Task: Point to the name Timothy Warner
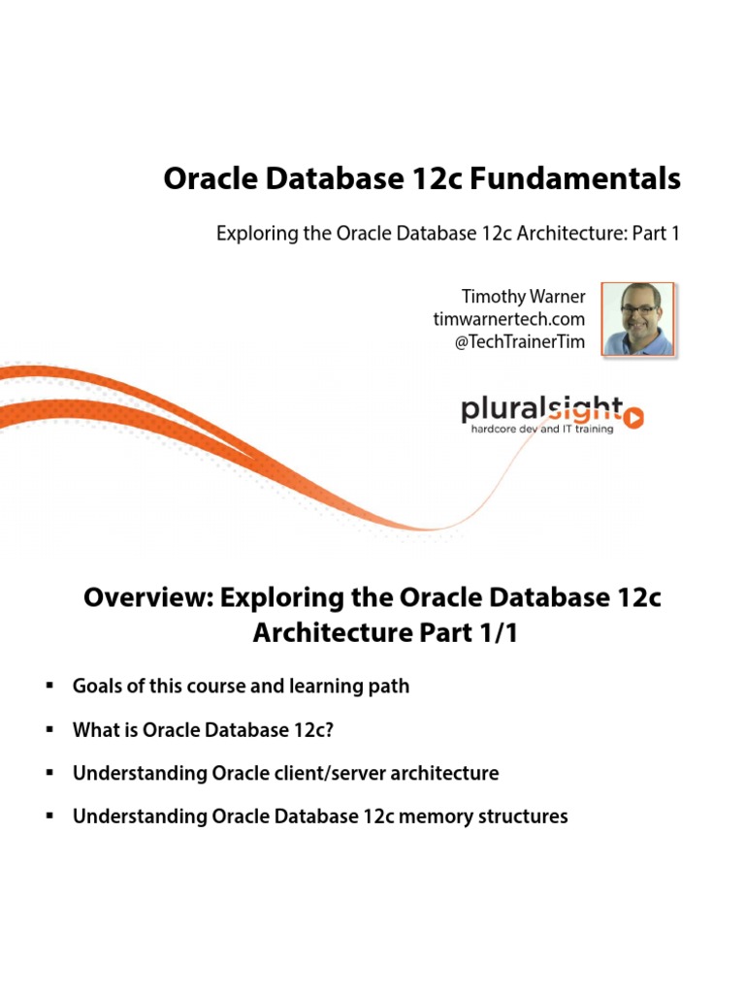[x=524, y=296]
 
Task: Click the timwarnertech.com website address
[x=509, y=319]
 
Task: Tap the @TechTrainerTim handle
[x=520, y=342]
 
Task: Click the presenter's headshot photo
[x=637, y=319]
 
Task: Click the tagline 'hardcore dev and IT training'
[x=541, y=429]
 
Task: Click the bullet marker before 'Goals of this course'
[x=48, y=687]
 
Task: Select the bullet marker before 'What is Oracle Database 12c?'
[x=48, y=730]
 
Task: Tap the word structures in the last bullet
[x=521, y=817]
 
